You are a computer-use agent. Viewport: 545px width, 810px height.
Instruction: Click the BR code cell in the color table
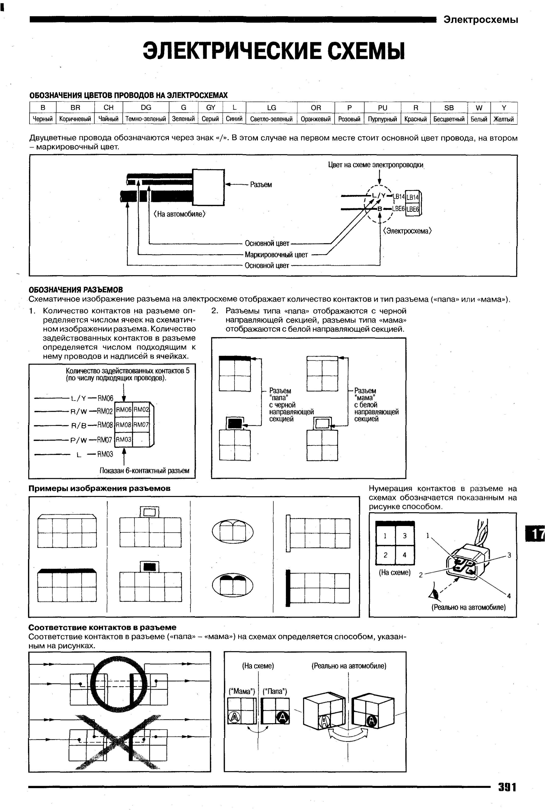pyautogui.click(x=75, y=107)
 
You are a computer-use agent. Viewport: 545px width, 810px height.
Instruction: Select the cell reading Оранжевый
pyautogui.click(x=316, y=119)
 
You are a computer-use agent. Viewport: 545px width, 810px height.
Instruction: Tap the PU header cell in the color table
pyautogui.click(x=382, y=107)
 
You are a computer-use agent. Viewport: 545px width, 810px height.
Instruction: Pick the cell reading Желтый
pyautogui.click(x=504, y=119)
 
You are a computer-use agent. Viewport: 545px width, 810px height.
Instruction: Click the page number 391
pyautogui.click(x=507, y=787)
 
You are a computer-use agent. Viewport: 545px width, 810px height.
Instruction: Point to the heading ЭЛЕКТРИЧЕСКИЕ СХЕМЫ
pyautogui.click(x=274, y=51)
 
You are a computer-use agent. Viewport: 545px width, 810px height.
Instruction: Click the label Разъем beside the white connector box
pyautogui.click(x=261, y=185)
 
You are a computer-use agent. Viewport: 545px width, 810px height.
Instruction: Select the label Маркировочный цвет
pyautogui.click(x=276, y=254)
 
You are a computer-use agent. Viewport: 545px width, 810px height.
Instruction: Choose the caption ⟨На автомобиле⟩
pyautogui.click(x=179, y=214)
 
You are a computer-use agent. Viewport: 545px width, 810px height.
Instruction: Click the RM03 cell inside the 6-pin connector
pyautogui.click(x=123, y=439)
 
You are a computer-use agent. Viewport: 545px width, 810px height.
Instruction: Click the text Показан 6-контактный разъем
pyautogui.click(x=144, y=471)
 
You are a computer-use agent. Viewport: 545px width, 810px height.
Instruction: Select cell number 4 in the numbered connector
pyautogui.click(x=404, y=555)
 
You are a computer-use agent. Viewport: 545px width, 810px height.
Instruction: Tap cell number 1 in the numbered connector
pyautogui.click(x=385, y=536)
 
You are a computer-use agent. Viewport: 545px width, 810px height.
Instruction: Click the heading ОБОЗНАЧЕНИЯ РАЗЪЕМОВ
pyautogui.click(x=76, y=290)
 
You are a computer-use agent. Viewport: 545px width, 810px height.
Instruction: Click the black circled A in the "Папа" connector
pyautogui.click(x=283, y=717)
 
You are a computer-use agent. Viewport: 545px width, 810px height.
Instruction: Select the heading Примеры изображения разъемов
pyautogui.click(x=99, y=488)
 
